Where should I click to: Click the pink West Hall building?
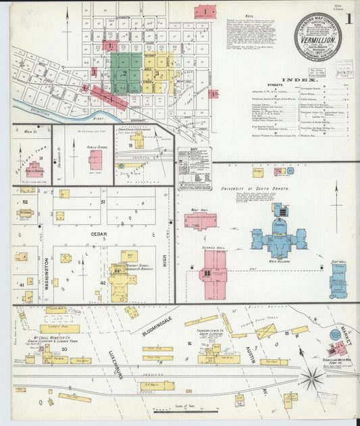201,221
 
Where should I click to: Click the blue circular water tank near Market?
335,335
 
